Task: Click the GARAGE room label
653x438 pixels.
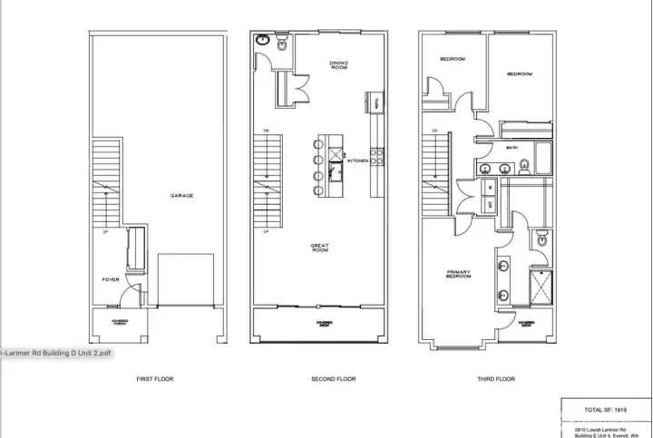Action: pos(181,195)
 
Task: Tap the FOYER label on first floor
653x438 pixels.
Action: pos(111,279)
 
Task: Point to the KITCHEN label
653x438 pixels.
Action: pos(357,161)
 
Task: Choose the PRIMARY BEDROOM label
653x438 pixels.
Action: pos(458,274)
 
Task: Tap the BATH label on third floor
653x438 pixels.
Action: pos(512,148)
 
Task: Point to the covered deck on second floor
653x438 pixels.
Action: pos(324,324)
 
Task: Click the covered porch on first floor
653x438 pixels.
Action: pos(120,323)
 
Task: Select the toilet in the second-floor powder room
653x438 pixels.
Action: pos(282,44)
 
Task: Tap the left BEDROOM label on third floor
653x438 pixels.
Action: pos(452,60)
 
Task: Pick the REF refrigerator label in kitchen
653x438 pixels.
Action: pos(374,104)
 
